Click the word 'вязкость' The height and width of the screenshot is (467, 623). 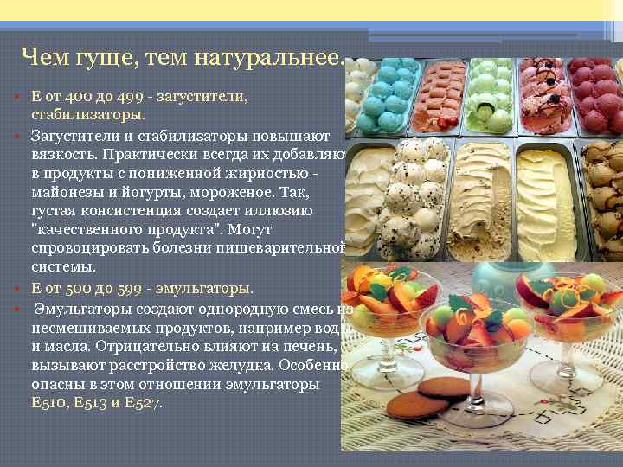(x=63, y=155)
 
